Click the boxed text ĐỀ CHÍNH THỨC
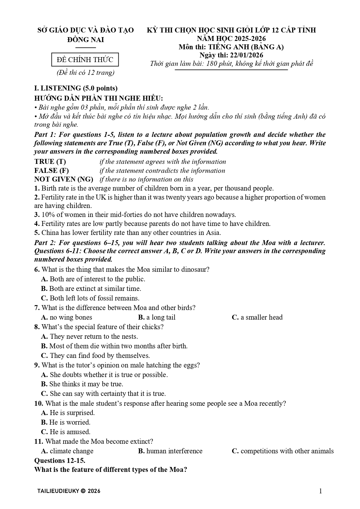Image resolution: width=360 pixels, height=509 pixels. point(85,60)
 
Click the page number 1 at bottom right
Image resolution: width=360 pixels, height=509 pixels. point(321,491)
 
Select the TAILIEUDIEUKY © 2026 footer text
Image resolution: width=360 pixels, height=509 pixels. point(69,491)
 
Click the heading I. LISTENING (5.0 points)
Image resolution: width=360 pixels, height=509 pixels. point(76,88)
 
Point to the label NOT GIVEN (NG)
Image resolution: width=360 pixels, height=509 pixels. point(64,179)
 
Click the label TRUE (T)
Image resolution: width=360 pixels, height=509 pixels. point(50,162)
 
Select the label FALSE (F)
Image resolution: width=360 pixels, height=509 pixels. point(51,171)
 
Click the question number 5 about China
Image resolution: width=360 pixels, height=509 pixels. point(37,233)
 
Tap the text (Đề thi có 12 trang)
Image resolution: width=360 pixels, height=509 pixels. point(85,73)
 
